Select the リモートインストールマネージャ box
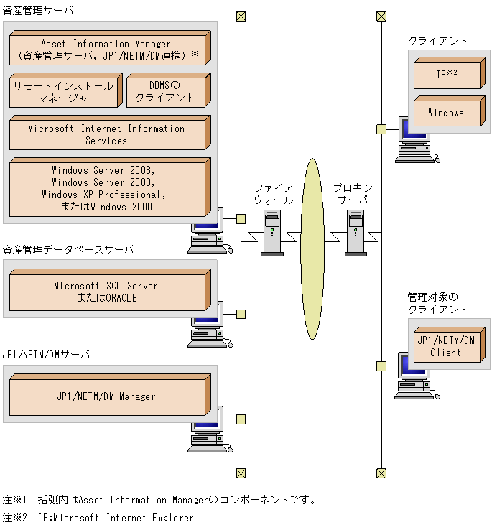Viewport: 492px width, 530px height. [x=63, y=92]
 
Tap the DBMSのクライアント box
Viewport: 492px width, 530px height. [x=165, y=92]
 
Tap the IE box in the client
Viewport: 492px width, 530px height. [x=446, y=74]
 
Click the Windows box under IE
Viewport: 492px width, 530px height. [x=446, y=113]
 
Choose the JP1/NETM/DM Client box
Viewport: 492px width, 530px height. [x=446, y=346]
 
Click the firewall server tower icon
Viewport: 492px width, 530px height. [x=271, y=232]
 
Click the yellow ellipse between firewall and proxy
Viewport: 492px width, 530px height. [x=312, y=248]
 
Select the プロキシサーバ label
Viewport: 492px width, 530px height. [x=353, y=194]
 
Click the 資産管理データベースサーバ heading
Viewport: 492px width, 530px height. [x=68, y=250]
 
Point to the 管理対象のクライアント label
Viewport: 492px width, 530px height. [x=437, y=302]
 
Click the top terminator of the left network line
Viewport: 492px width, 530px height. [x=241, y=16]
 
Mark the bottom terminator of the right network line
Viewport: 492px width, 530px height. [x=381, y=473]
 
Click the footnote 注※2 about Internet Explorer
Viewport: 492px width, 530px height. [x=98, y=517]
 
